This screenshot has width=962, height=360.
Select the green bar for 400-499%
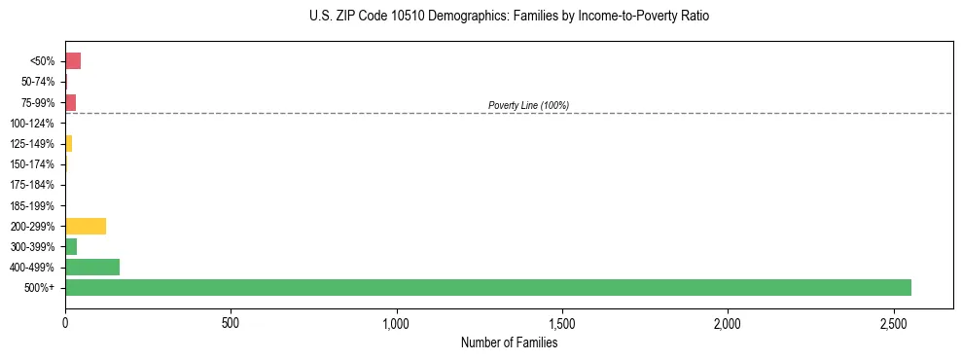(92, 267)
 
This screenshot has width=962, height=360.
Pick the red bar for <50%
(73, 61)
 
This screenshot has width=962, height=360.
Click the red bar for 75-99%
(70, 102)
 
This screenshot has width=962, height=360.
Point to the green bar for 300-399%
(71, 246)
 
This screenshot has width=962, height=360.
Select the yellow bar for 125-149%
(68, 144)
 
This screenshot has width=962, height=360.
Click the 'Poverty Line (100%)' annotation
(528, 105)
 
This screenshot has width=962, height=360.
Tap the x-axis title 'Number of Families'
(509, 342)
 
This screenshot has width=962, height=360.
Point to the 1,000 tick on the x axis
(397, 322)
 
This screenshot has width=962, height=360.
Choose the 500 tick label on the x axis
(231, 322)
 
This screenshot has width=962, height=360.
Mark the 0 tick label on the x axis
(65, 322)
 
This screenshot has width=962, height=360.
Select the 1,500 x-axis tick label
(562, 322)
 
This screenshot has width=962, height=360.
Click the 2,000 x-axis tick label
(729, 322)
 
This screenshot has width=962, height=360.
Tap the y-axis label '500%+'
(41, 288)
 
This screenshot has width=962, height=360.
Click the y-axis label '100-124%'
(32, 124)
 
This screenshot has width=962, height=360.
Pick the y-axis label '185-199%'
(32, 205)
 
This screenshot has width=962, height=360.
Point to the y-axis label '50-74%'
(37, 82)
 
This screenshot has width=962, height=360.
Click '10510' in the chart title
(421, 17)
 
